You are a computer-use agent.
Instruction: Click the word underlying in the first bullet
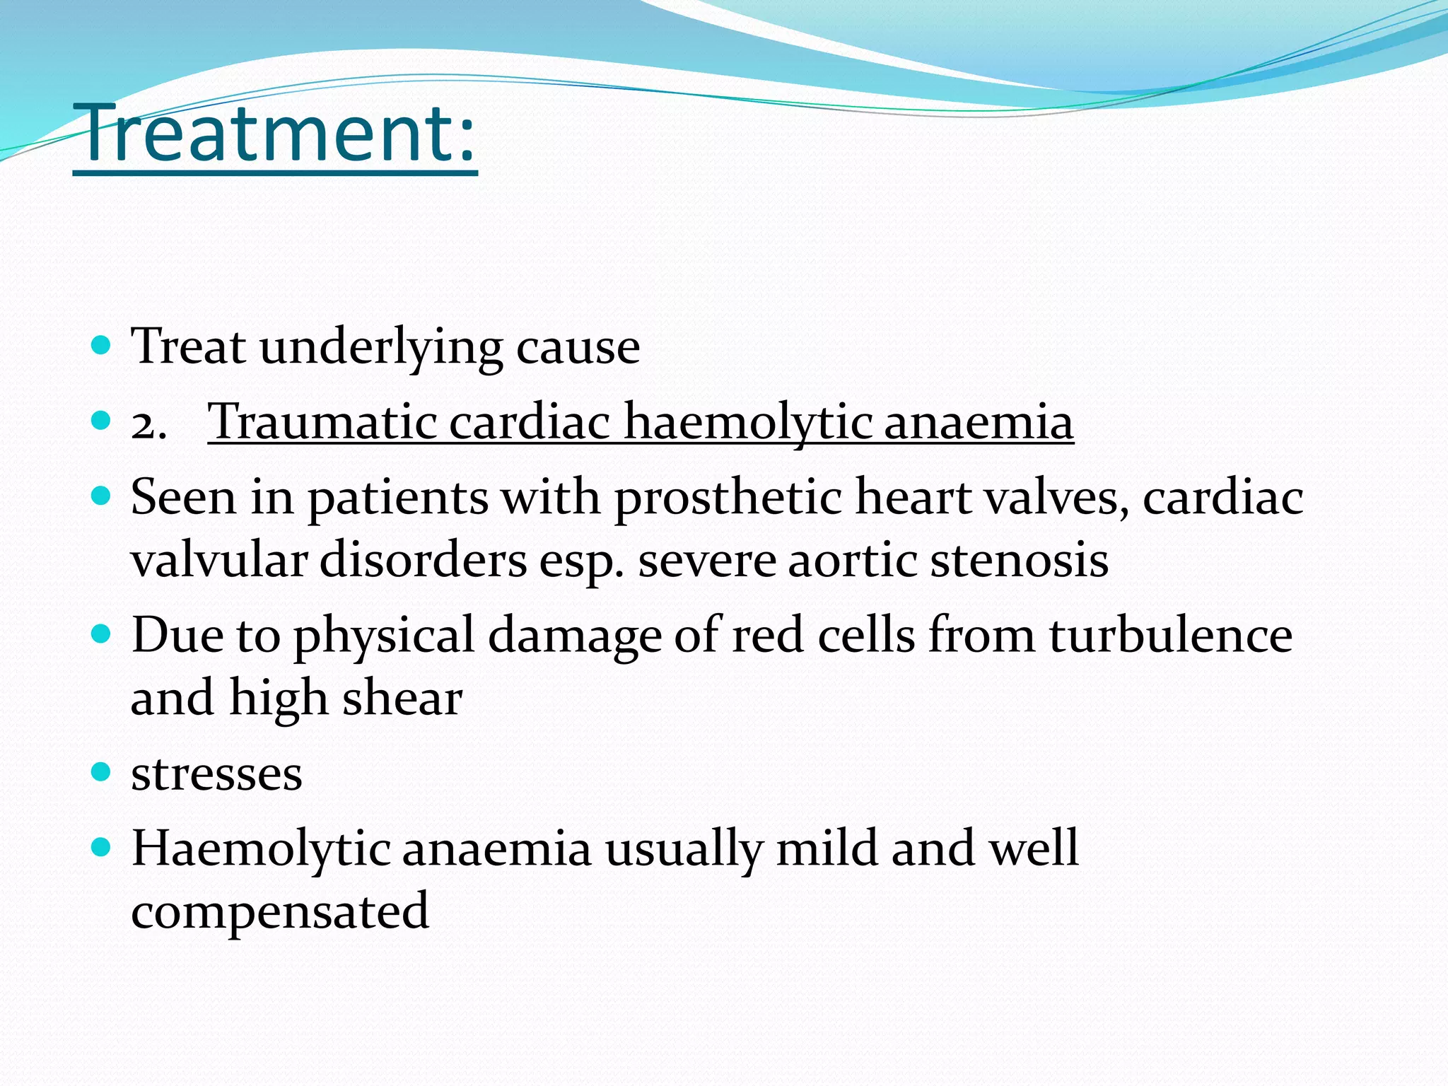[x=381, y=347]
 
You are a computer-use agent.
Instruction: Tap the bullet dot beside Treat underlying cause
[x=102, y=345]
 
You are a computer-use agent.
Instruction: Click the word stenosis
[x=1019, y=561]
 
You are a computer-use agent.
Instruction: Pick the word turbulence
[x=1170, y=635]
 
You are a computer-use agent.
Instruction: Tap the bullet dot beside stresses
[x=102, y=771]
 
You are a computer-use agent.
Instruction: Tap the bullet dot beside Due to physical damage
[x=102, y=633]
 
